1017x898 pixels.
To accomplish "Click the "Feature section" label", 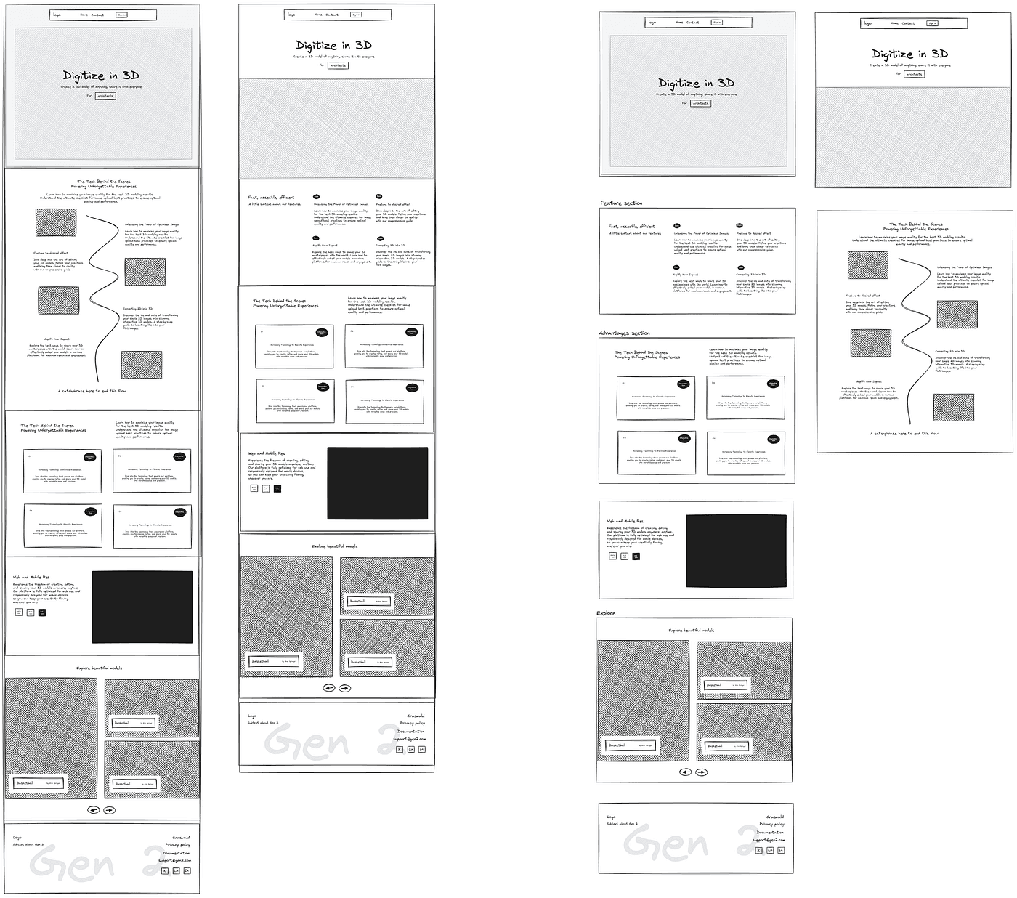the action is pos(621,203).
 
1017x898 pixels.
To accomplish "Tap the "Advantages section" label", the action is pos(624,333).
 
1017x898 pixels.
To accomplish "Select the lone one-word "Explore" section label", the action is pos(606,613).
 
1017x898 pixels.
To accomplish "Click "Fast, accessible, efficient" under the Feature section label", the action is pos(631,227).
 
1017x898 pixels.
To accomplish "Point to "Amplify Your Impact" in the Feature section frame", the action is pos(685,275).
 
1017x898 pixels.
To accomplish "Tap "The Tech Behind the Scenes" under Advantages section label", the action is pos(641,353).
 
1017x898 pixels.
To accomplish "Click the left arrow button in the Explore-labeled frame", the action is pos(685,772).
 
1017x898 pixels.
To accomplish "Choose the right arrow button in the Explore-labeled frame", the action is pos(702,772).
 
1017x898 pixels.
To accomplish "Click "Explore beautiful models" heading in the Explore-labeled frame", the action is pos(691,631).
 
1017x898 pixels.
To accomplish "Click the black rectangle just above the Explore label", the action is pos(736,551).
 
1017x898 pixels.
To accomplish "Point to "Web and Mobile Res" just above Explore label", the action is pos(625,521).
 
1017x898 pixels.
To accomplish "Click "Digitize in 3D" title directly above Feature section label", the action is pos(696,83).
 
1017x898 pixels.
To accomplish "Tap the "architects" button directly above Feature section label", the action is pos(700,103).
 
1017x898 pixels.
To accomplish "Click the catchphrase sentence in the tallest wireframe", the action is pos(92,391).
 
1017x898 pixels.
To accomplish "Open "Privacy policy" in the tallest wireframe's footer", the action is pos(178,845).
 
